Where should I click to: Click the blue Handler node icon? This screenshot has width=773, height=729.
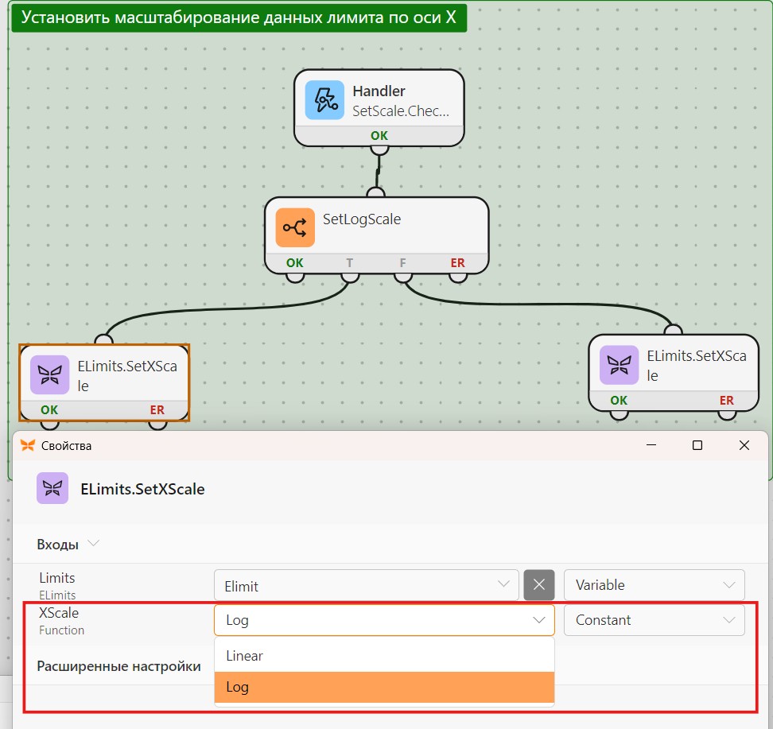click(324, 100)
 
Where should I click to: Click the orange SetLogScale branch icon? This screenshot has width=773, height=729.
click(295, 227)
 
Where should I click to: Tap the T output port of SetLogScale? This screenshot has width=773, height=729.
click(350, 277)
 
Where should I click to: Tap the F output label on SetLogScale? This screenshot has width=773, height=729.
click(402, 262)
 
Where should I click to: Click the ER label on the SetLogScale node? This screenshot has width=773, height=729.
click(457, 262)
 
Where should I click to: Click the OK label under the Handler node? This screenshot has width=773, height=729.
click(379, 136)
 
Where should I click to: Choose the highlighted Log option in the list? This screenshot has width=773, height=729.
click(385, 687)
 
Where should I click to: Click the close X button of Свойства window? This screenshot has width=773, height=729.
click(744, 445)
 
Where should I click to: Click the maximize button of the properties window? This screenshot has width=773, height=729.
click(697, 445)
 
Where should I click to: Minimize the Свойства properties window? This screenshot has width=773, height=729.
click(651, 445)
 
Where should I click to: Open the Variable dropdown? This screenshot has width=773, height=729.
click(655, 585)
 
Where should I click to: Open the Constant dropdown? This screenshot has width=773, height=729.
click(655, 620)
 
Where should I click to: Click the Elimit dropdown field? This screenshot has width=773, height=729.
click(367, 585)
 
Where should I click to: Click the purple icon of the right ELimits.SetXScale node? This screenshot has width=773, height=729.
click(619, 365)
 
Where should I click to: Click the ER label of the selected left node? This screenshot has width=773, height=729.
click(157, 410)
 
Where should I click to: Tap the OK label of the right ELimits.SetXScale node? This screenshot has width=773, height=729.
click(619, 400)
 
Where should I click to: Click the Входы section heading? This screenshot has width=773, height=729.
click(58, 545)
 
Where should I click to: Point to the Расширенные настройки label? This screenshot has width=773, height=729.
click(118, 666)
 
